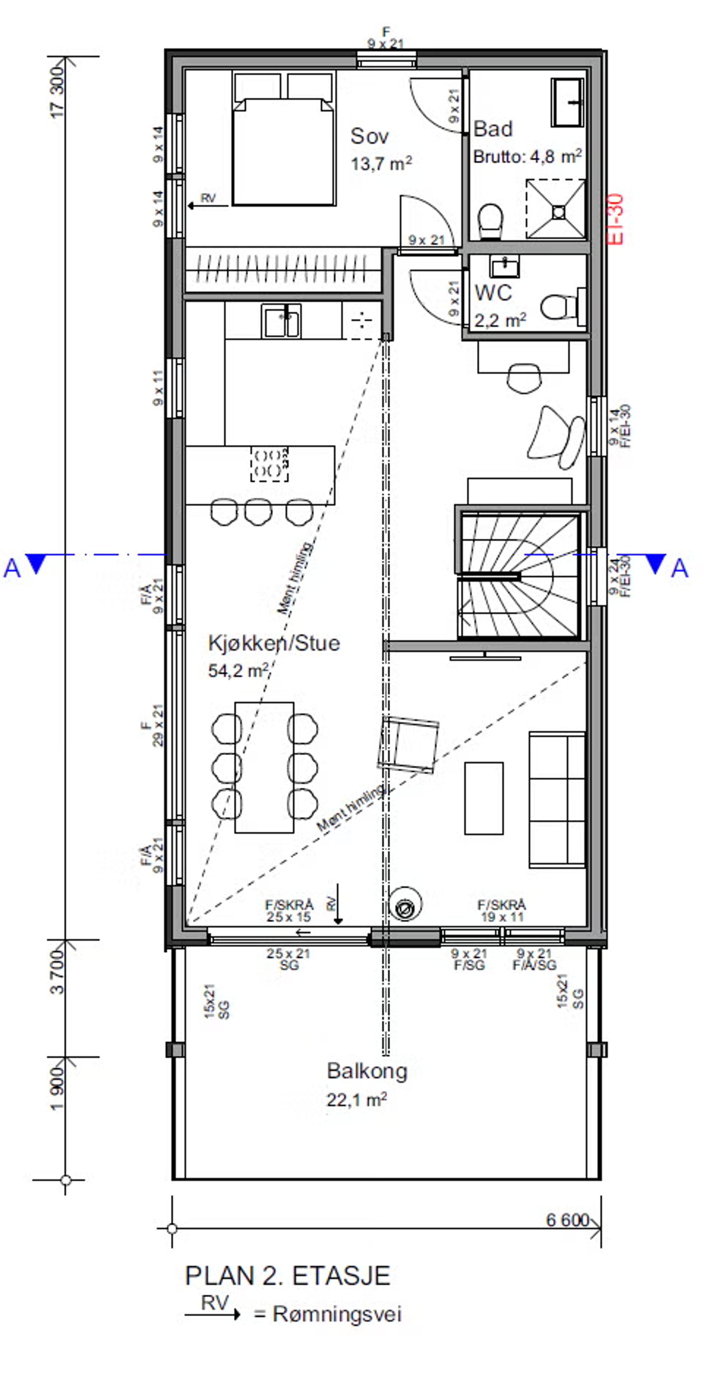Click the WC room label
click(493, 293)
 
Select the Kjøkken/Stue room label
click(274, 643)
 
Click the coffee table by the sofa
click(483, 798)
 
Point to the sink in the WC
click(504, 266)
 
